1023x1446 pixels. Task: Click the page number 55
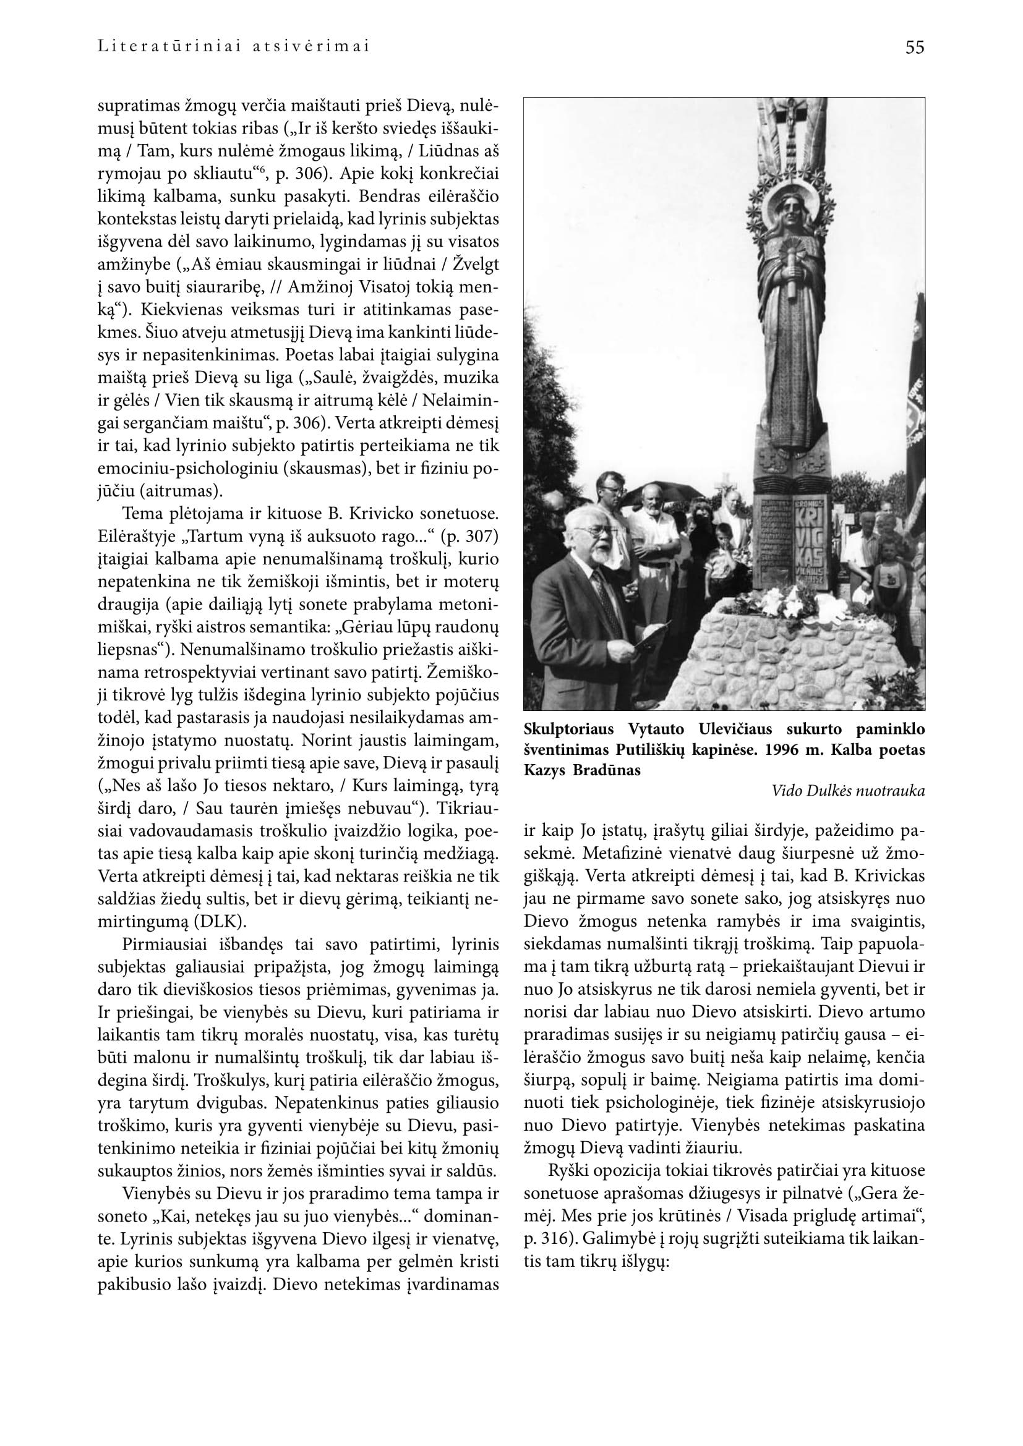[915, 47]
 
